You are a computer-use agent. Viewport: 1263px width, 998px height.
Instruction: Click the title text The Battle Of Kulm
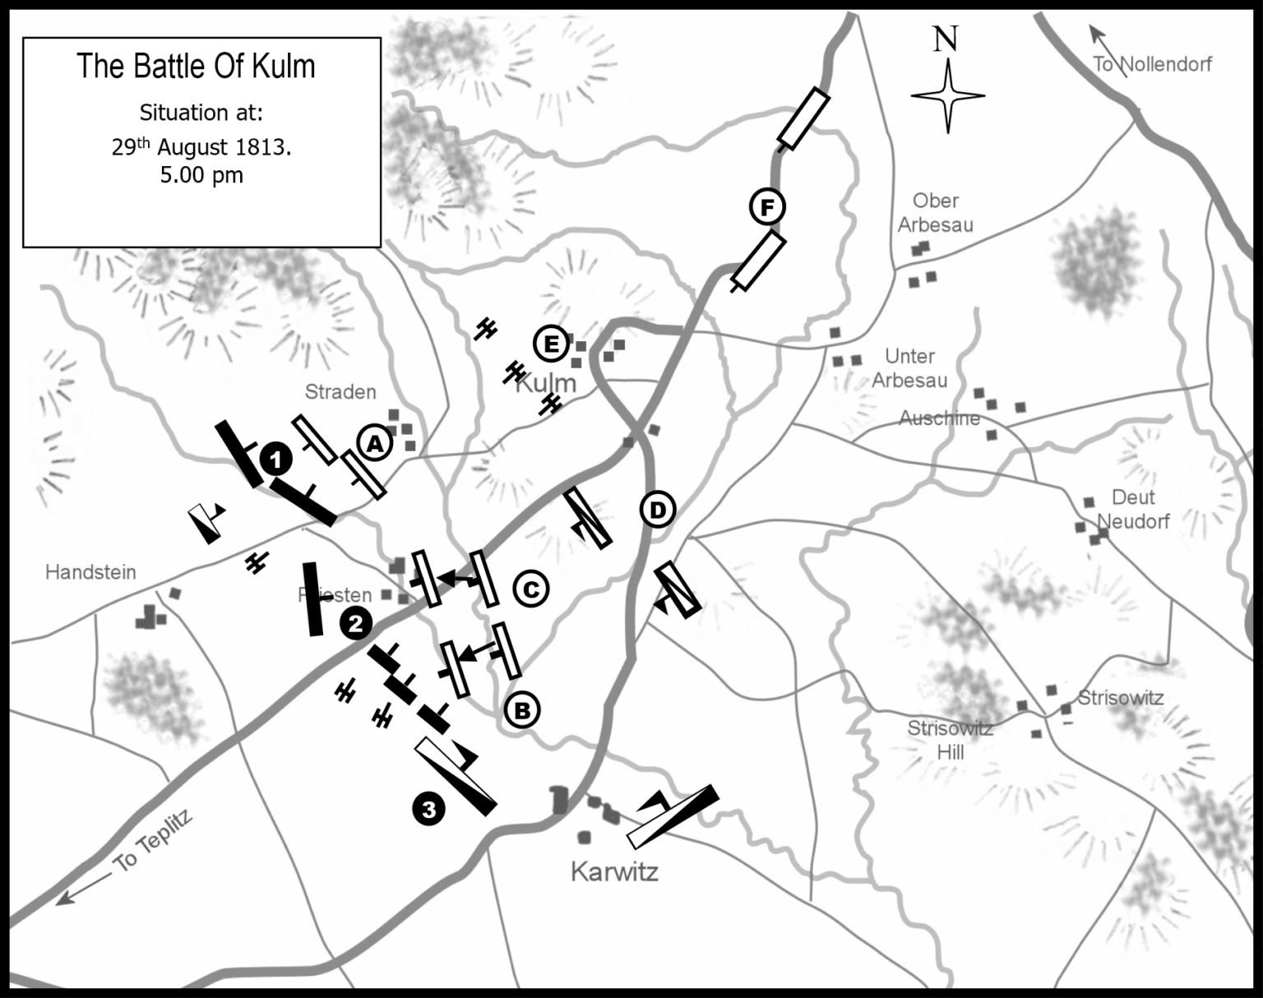[x=196, y=67]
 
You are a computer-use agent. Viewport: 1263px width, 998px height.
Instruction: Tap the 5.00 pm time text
[x=201, y=175]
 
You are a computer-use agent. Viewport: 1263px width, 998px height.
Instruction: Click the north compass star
[x=947, y=96]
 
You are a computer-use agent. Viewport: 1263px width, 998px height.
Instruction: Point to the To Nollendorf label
[x=1152, y=64]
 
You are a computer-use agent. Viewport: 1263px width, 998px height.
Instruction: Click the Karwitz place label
[x=614, y=872]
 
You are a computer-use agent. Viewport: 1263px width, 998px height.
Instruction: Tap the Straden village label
[x=340, y=392]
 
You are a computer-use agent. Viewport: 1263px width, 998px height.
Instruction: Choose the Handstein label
[x=90, y=572]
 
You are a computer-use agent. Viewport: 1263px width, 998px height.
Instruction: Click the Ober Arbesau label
[x=936, y=212]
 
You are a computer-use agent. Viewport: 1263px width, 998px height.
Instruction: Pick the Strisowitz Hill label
[x=951, y=740]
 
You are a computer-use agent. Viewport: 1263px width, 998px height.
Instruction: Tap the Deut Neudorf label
[x=1133, y=509]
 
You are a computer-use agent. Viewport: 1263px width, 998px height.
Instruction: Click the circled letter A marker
[x=374, y=444]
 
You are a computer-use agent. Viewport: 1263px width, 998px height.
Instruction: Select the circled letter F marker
[x=767, y=207]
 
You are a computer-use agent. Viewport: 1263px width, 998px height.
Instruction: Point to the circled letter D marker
[x=657, y=511]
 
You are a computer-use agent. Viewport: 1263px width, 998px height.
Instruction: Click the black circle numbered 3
[x=428, y=809]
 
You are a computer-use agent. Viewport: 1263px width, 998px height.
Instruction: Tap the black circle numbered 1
[x=276, y=459]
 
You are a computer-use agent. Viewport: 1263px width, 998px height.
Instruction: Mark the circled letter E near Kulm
[x=550, y=343]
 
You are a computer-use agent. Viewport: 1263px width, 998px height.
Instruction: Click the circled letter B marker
[x=522, y=709]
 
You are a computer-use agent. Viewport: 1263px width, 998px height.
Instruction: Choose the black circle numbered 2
[x=355, y=624]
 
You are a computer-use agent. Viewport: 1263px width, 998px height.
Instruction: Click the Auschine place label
[x=939, y=418]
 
